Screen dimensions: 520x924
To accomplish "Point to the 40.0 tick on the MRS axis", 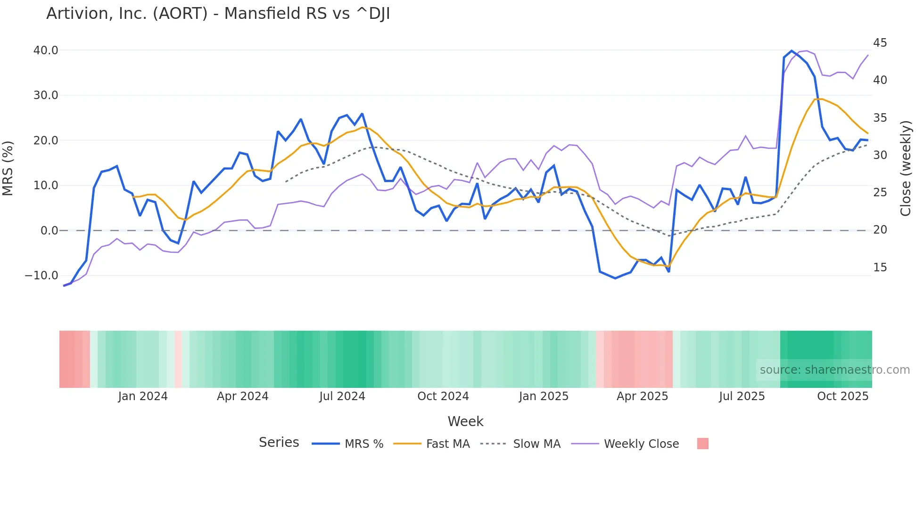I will coord(46,50).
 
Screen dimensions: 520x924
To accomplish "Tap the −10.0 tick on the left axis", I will coord(41,276).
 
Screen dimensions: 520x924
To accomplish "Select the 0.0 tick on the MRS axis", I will coord(49,231).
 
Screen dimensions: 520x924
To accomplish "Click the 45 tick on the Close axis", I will coord(880,43).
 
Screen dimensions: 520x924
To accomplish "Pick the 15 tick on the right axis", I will coord(880,268).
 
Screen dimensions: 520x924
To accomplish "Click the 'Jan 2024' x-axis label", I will coord(143,396).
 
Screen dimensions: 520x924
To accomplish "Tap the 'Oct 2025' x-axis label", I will coord(842,396).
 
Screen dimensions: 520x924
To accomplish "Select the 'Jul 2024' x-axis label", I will coord(342,396).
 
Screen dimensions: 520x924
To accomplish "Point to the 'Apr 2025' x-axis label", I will coord(642,396).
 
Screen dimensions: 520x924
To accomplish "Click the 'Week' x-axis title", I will coord(465,421).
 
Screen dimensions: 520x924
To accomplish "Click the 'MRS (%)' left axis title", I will coord(8,168).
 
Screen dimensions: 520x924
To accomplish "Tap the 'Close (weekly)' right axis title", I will coord(906,168).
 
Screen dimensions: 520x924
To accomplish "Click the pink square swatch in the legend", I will coord(702,444).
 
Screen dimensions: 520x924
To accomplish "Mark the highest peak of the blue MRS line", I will coord(792,51).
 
